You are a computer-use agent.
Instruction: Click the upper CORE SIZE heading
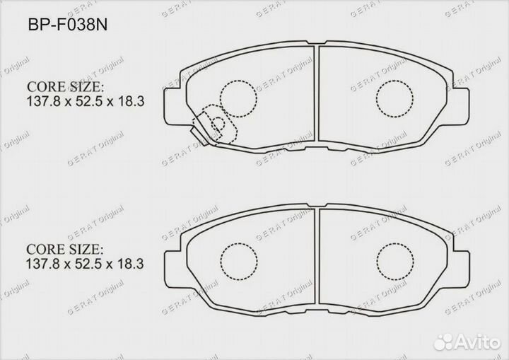tap(65, 87)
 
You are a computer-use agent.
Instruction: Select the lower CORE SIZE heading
tap(65, 250)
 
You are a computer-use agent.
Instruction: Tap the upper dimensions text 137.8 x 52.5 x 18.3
tap(86, 101)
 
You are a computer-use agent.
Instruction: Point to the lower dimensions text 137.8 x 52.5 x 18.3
tap(86, 265)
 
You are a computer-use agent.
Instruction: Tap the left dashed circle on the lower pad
tap(238, 260)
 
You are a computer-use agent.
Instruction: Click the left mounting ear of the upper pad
tap(171, 100)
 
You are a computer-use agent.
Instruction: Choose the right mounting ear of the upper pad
tap(460, 100)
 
